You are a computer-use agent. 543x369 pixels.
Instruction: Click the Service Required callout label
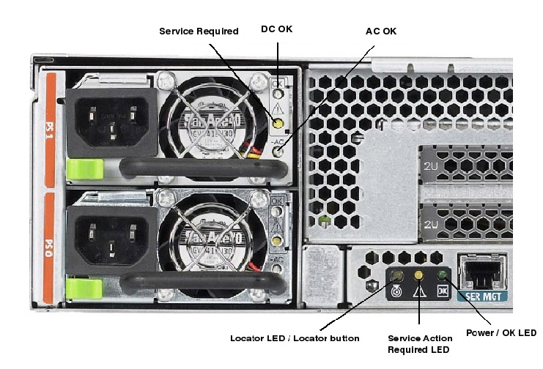click(199, 31)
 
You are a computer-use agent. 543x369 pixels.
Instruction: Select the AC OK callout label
click(381, 31)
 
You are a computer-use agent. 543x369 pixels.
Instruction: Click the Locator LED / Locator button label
click(295, 338)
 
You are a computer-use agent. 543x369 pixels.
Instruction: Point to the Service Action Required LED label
click(420, 343)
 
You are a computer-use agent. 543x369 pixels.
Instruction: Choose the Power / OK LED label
click(501, 333)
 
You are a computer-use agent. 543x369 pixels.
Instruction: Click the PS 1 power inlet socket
click(112, 120)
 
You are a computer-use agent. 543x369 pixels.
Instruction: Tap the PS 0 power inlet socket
click(111, 234)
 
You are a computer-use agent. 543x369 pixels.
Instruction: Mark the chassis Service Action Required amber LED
click(419, 276)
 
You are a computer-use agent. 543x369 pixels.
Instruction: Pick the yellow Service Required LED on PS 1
click(277, 124)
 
